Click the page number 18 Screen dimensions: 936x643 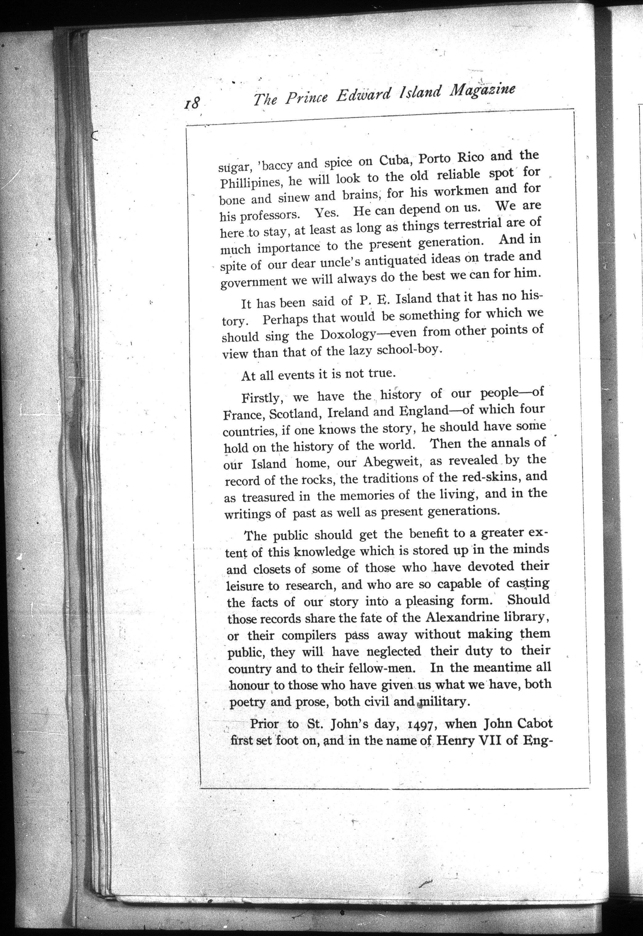[192, 103]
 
